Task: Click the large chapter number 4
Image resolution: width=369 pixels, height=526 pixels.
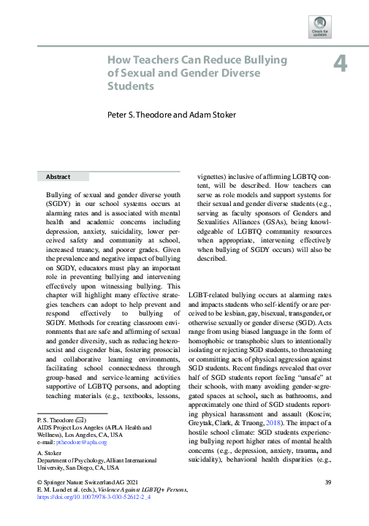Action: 339,64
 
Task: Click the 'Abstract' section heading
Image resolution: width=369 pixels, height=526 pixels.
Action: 58,177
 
